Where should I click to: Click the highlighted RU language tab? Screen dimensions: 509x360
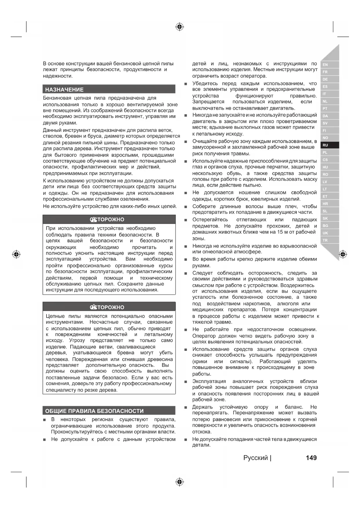click(325, 145)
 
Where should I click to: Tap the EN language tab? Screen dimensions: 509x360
click(325, 65)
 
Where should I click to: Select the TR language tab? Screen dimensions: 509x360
click(325, 240)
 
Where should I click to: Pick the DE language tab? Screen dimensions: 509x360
click(325, 79)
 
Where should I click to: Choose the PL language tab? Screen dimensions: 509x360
click(325, 152)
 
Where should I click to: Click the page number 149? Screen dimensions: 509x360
click(311, 458)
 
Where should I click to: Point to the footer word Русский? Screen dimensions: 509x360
click(256, 458)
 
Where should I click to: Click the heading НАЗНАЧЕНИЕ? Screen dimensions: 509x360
click(64, 90)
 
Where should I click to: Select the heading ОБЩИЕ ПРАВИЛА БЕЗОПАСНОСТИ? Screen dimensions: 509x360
click(94, 411)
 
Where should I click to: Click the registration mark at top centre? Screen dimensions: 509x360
click(180, 27)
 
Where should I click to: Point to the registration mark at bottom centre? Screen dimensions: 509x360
click(180, 482)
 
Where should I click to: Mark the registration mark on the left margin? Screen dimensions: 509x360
click(17, 255)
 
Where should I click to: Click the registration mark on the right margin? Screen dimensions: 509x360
click(343, 255)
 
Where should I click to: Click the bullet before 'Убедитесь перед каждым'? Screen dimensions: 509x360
click(185, 84)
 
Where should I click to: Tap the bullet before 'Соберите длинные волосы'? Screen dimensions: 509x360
click(185, 207)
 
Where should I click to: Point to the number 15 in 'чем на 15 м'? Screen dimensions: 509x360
click(280, 232)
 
